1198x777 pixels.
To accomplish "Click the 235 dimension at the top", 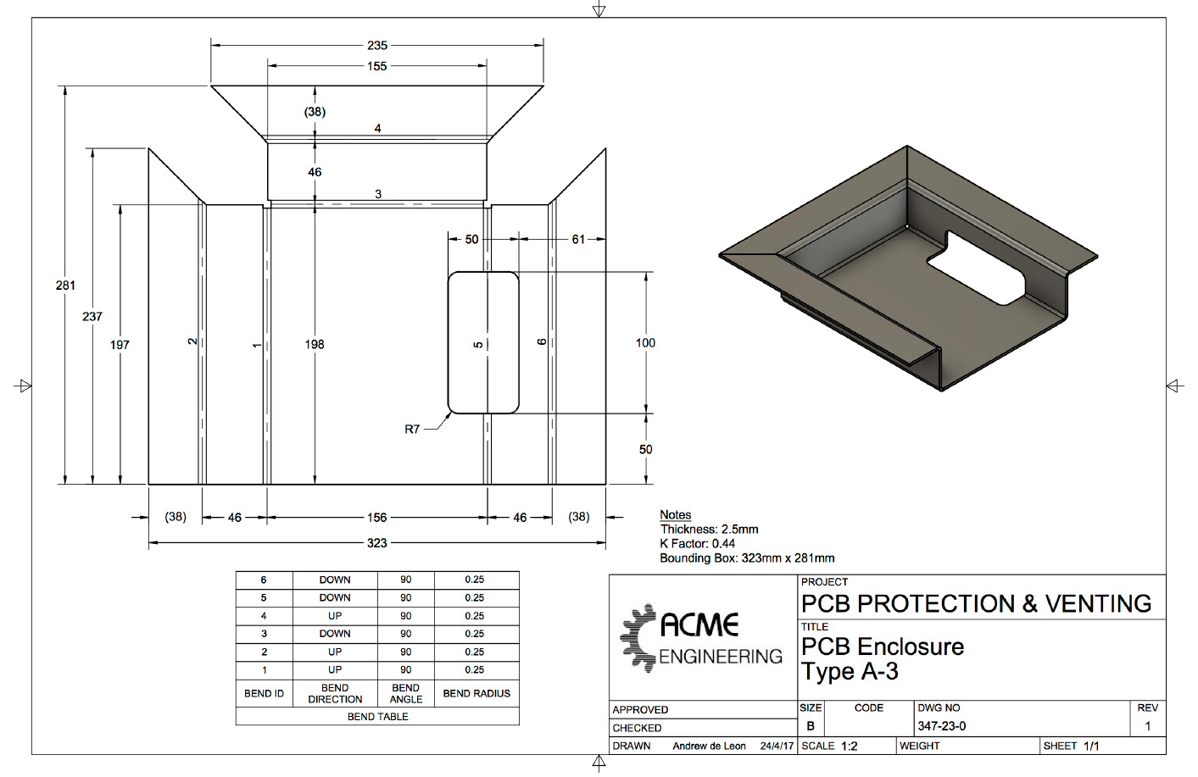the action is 377,46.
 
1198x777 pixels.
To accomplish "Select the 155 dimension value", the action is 377,66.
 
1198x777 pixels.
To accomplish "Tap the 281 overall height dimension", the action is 65,286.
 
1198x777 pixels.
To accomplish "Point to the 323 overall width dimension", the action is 377,543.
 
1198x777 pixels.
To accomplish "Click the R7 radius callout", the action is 412,429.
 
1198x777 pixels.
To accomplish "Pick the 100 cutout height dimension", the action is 645,342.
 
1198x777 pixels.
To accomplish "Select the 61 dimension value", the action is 578,240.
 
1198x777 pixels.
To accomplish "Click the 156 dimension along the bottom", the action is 377,517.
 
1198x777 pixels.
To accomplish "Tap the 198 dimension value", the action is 315,344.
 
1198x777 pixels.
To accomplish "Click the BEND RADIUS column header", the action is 476,693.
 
